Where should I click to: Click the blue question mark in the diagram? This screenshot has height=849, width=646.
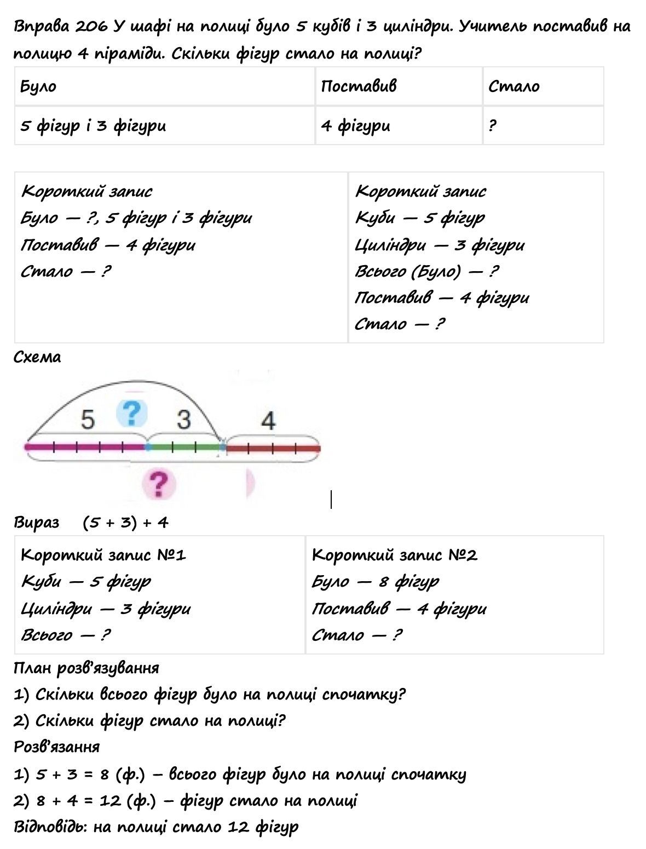(132, 414)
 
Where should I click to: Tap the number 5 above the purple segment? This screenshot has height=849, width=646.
(88, 420)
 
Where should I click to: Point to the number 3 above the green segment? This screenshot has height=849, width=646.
(184, 420)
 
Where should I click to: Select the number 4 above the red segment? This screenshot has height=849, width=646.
(268, 421)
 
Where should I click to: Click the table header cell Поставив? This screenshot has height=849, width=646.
(359, 86)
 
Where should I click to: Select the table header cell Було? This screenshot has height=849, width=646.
(38, 87)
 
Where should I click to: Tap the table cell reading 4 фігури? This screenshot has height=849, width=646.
(355, 126)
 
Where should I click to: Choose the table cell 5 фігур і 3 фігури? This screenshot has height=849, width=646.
(93, 126)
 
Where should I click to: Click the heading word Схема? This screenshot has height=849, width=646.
(37, 357)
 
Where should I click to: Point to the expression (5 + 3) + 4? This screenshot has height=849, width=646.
(125, 523)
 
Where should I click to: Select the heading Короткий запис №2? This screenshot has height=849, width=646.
(394, 555)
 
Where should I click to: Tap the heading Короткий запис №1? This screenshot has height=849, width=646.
(103, 555)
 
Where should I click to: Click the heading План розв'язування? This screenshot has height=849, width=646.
(86, 668)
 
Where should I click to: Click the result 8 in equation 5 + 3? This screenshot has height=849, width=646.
(105, 775)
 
